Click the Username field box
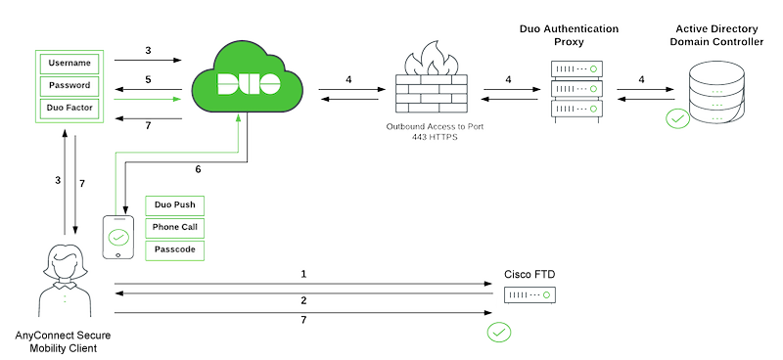click(x=69, y=64)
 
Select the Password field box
click(x=69, y=85)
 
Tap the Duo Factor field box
click(x=69, y=107)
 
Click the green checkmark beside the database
click(x=677, y=119)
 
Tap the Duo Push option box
click(x=175, y=205)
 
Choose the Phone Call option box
click(x=175, y=227)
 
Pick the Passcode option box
click(x=175, y=249)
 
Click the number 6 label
click(x=198, y=169)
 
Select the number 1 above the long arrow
click(x=303, y=274)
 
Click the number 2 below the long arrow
click(x=303, y=300)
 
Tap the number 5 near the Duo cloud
click(x=148, y=78)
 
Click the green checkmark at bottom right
click(x=499, y=333)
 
